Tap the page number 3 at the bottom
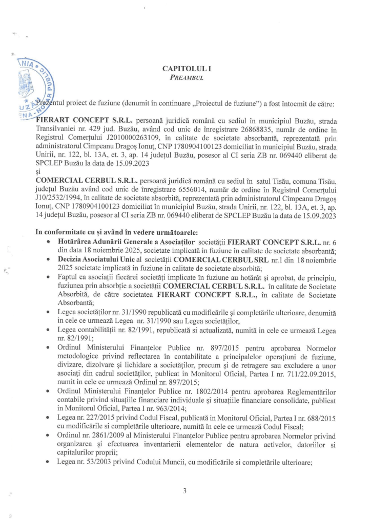(x=185, y=491)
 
